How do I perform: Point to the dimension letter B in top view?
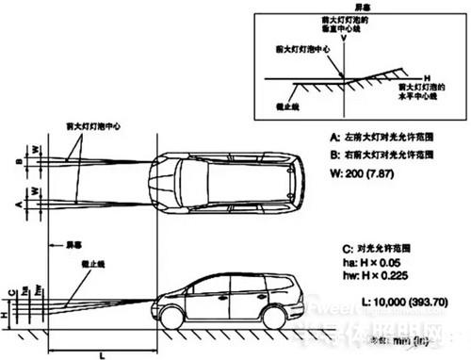click(18, 161)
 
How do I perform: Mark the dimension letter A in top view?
click(18, 202)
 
